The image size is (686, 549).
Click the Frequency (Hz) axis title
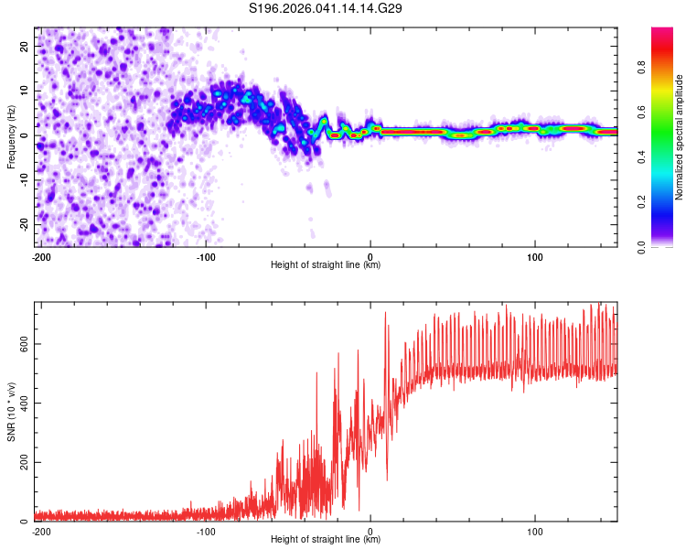point(12,135)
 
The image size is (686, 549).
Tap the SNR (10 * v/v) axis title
point(12,411)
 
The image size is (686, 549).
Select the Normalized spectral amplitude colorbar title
point(680,137)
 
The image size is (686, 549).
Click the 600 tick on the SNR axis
point(21,344)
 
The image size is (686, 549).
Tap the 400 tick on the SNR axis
point(21,404)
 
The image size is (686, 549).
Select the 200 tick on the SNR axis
point(21,463)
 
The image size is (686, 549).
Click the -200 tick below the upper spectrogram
point(41,257)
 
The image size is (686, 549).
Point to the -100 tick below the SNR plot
point(206,532)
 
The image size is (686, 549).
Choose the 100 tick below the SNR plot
point(535,532)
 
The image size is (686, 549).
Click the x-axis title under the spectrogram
point(326,265)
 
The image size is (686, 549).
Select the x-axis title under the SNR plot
point(326,540)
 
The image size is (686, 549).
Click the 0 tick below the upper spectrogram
point(370,257)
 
